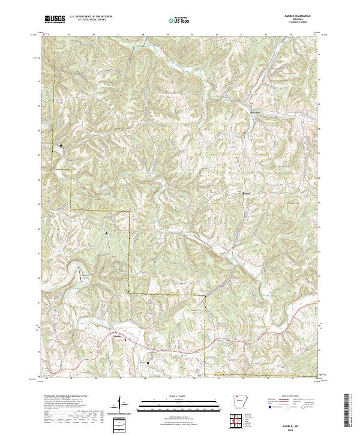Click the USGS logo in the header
[55, 20]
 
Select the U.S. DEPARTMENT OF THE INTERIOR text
[91, 17]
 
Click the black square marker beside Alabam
[243, 194]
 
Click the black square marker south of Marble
[148, 363]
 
